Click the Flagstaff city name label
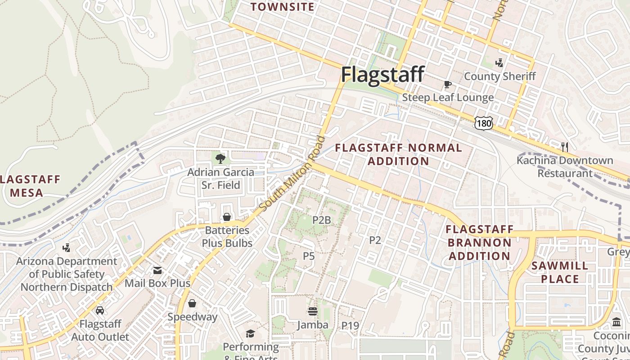(x=382, y=74)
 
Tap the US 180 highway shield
(x=483, y=123)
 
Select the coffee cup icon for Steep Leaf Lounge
(x=447, y=84)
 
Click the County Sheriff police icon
(x=499, y=63)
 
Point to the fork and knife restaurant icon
(x=565, y=147)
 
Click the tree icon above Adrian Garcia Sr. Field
(x=220, y=158)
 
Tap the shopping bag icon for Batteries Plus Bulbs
(x=227, y=217)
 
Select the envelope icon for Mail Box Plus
(x=157, y=270)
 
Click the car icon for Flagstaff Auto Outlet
(x=100, y=310)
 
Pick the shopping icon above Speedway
(x=192, y=303)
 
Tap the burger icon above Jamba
(x=313, y=311)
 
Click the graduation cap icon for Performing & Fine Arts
(x=250, y=333)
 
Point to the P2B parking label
(x=321, y=220)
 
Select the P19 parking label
(x=350, y=325)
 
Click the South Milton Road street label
(x=293, y=173)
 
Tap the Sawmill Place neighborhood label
(x=559, y=272)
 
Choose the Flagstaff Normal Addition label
(x=398, y=154)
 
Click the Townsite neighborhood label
(x=282, y=7)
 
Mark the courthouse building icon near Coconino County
(x=616, y=322)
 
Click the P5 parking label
(x=308, y=256)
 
